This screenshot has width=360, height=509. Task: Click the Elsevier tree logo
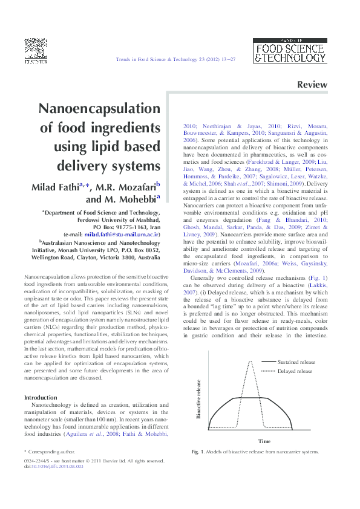pos(35,49)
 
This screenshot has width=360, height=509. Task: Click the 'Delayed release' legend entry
pos(295,371)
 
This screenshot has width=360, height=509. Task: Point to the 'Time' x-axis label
pos(264,441)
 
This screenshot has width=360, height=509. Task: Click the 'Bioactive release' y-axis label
pos(198,400)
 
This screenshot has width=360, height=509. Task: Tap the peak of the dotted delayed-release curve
pos(251,363)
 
